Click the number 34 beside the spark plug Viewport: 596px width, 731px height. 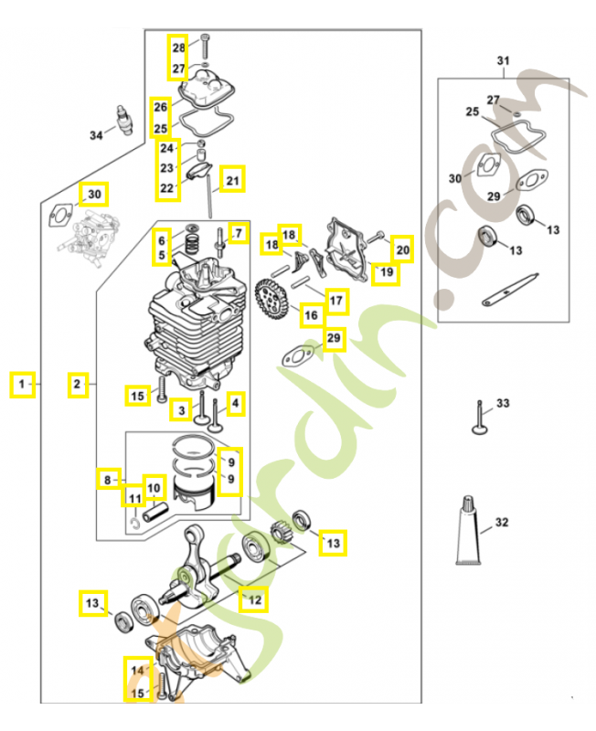(x=96, y=135)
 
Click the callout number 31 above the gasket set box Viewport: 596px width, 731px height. (x=501, y=61)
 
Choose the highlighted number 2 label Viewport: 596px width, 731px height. (x=79, y=385)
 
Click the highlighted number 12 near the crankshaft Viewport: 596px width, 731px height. (x=254, y=599)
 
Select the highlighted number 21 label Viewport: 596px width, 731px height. (x=232, y=180)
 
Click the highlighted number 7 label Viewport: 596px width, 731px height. (x=238, y=234)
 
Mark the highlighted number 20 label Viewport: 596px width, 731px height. (x=402, y=249)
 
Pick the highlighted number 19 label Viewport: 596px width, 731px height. (x=387, y=271)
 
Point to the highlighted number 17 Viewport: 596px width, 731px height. (x=335, y=300)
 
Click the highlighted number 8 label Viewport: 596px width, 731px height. (x=107, y=478)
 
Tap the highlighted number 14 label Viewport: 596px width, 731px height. (x=138, y=671)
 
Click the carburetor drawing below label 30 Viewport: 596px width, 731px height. (x=93, y=238)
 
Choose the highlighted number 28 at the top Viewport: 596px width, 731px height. (x=178, y=47)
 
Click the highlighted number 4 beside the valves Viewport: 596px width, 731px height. (x=236, y=402)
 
